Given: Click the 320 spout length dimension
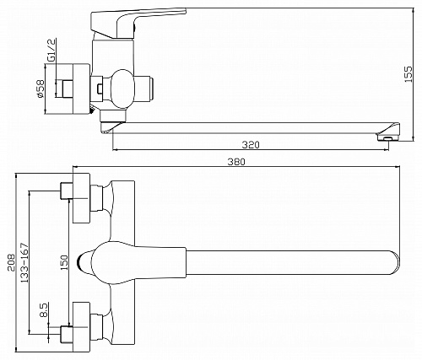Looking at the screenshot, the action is [x=251, y=145].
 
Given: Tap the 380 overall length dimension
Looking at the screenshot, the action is [x=236, y=162].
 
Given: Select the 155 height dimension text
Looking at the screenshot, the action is [x=408, y=74].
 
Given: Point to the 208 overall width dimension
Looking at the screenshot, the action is [x=11, y=262].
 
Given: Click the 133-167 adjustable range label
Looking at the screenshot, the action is [x=24, y=262].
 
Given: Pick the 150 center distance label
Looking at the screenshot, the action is [x=64, y=262].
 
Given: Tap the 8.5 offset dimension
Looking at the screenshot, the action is [x=44, y=310].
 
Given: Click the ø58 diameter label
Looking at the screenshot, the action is [x=41, y=89].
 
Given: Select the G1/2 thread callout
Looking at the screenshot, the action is [x=51, y=50].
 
